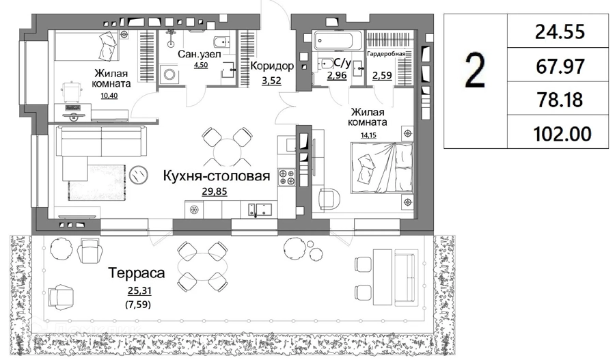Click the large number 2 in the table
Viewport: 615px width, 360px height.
pos(475,71)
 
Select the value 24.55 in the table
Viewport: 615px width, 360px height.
pos(560,31)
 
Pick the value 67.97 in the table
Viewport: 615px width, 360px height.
pos(560,66)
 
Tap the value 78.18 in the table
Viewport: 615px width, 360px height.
pos(560,100)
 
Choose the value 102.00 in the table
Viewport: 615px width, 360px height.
pos(562,134)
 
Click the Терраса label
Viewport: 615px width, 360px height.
pos(137,273)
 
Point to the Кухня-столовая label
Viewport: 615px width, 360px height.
pos(217,176)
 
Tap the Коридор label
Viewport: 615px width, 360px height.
pos(272,66)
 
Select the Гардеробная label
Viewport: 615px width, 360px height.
pos(386,53)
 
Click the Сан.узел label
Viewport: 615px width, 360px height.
pos(199,54)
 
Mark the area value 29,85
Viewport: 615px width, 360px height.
pos(214,191)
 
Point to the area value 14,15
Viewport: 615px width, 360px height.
pos(368,136)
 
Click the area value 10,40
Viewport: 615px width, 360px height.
pos(109,96)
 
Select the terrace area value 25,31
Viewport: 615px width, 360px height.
pos(139,290)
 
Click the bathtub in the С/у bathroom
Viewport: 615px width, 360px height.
pos(338,41)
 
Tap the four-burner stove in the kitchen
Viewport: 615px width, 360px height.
pos(287,176)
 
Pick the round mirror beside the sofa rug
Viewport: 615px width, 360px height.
pos(139,174)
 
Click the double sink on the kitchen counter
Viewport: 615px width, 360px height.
pos(259,209)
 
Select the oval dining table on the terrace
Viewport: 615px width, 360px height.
pos(202,266)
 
